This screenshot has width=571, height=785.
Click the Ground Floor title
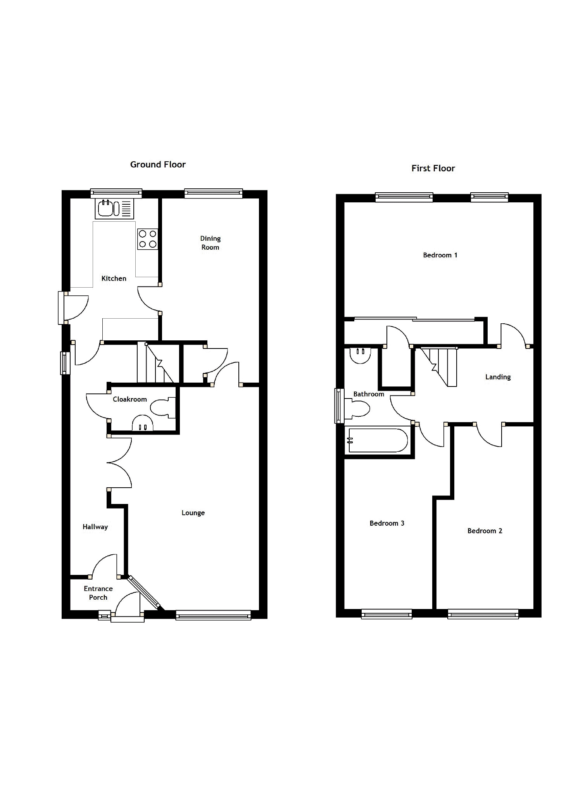coord(158,164)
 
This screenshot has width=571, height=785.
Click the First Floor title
coord(433,168)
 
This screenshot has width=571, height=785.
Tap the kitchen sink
coord(114,208)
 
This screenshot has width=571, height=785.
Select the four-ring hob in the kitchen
coord(148,239)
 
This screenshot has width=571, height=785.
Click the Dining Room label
coord(210,243)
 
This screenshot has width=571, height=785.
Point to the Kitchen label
coord(114,278)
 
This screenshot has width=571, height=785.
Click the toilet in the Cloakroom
coord(162,408)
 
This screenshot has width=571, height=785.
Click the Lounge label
coord(193,513)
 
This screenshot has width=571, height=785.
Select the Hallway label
coord(95,527)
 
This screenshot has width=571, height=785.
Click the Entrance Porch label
coord(98,593)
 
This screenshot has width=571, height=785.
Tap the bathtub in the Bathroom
coord(378,440)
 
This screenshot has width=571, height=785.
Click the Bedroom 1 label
coord(440,255)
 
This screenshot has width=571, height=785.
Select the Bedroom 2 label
coord(485,531)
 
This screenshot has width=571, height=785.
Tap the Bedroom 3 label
coord(387,523)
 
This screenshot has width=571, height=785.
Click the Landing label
coord(498,377)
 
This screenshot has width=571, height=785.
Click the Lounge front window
coord(213,615)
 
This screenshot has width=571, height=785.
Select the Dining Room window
coord(214,193)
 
